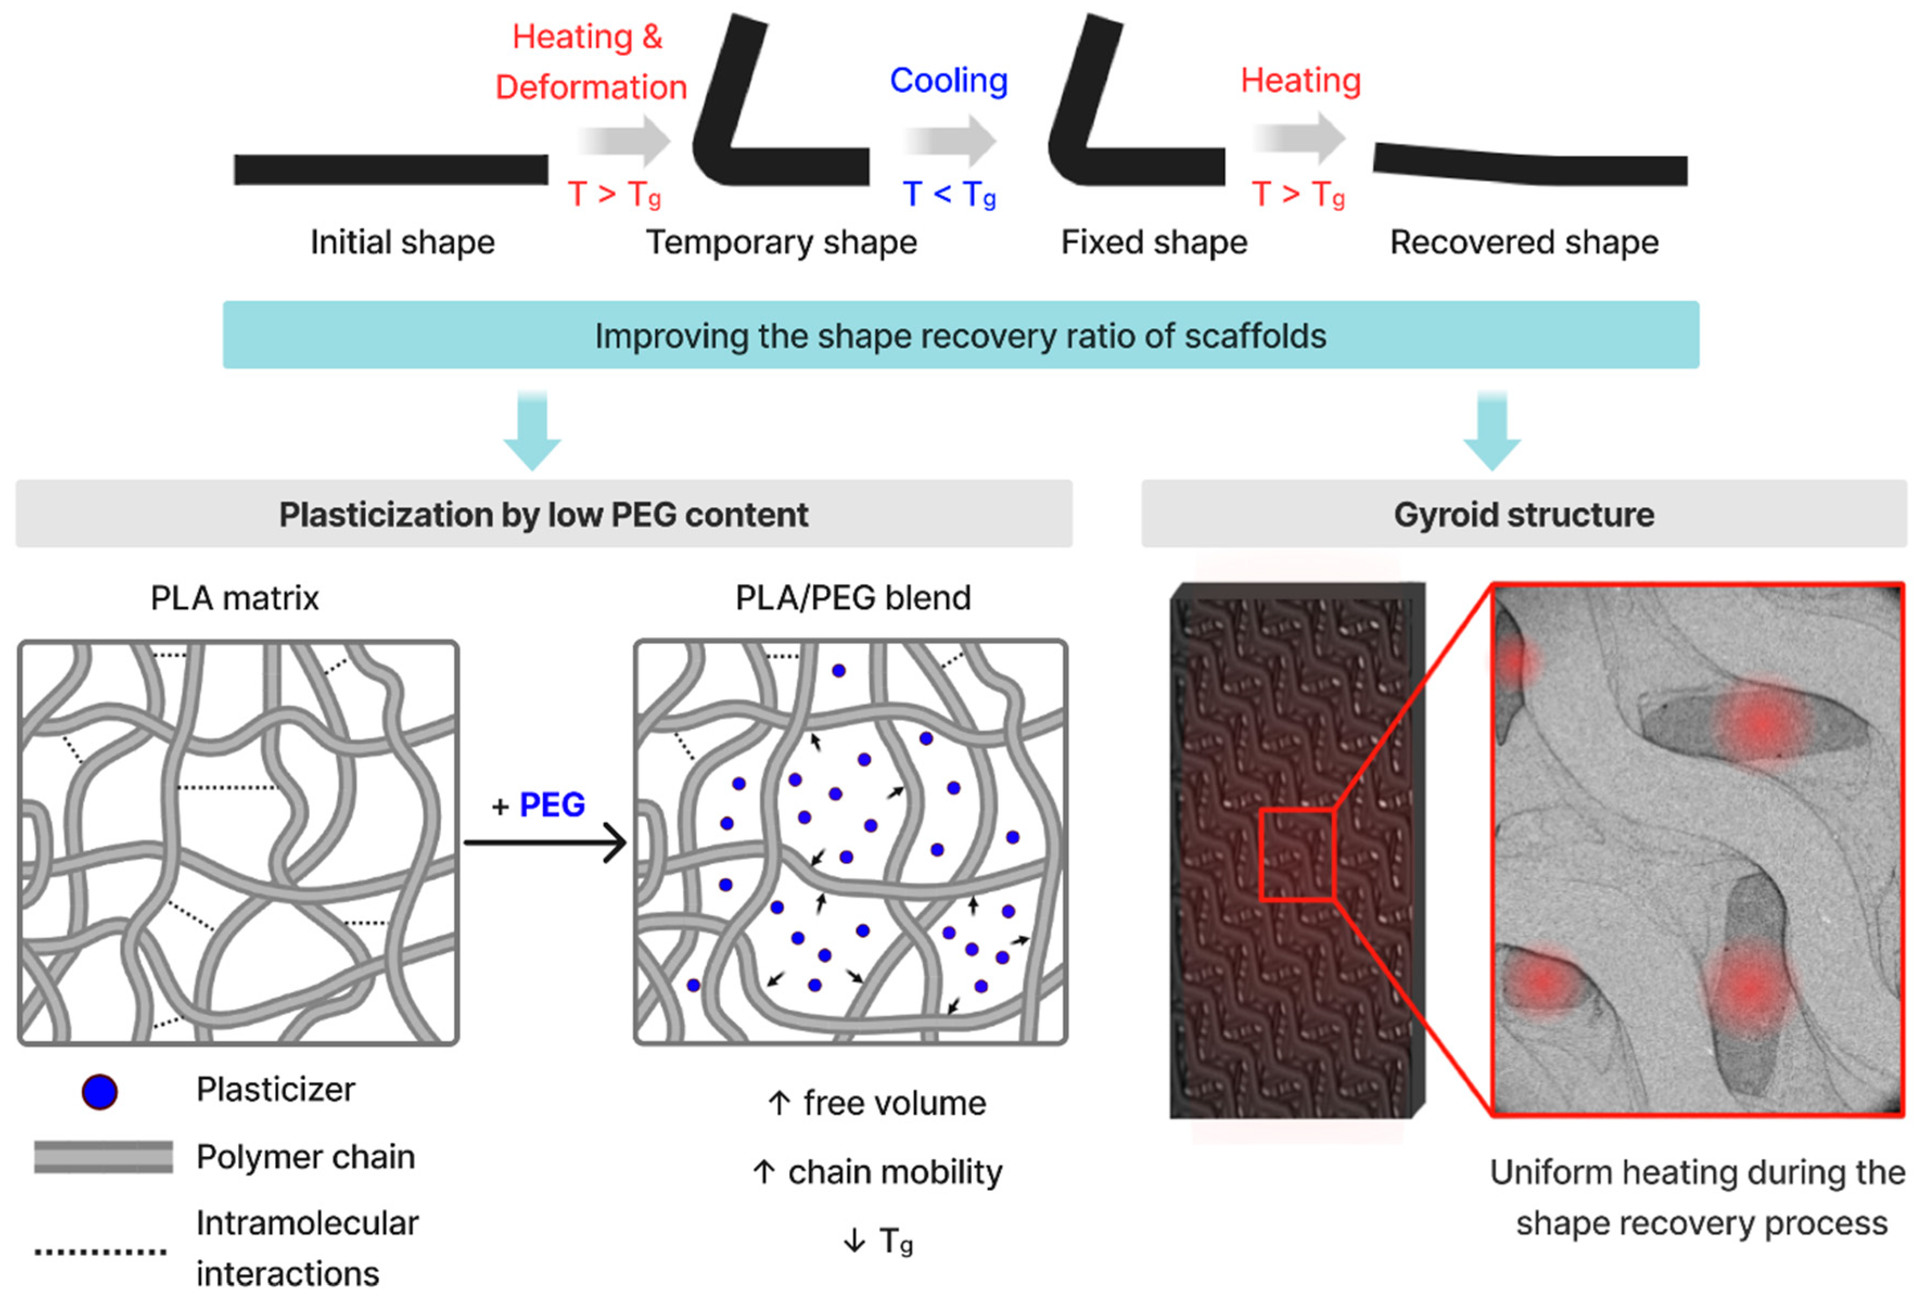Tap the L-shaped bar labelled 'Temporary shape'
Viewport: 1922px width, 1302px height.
point(794,165)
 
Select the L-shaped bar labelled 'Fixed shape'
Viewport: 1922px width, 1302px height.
point(1150,165)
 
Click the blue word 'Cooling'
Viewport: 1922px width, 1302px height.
point(949,80)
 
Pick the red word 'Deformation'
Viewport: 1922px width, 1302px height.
point(591,87)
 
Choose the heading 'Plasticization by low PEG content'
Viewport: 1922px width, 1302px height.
point(544,514)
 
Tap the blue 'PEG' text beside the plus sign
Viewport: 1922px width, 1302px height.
point(552,804)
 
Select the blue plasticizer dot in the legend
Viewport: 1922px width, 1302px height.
point(99,1092)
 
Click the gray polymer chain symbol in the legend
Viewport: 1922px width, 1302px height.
point(104,1157)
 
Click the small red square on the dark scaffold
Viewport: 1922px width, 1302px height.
point(1296,854)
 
